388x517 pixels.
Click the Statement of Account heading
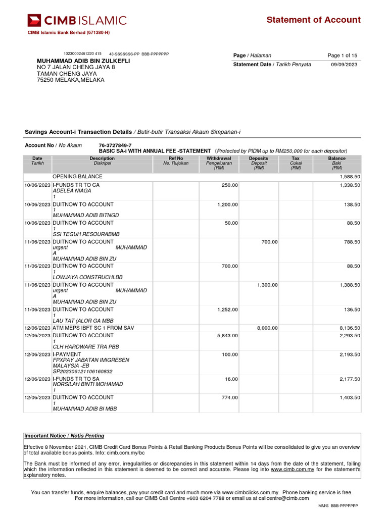point(313,20)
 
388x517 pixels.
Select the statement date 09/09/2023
point(344,65)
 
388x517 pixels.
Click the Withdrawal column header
point(219,159)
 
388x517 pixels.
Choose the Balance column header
point(336,159)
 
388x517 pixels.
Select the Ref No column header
point(175,159)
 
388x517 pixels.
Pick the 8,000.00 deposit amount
point(267,328)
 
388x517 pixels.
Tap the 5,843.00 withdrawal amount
point(227,336)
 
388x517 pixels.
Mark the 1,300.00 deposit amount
point(267,285)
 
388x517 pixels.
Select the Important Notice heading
point(64,436)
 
